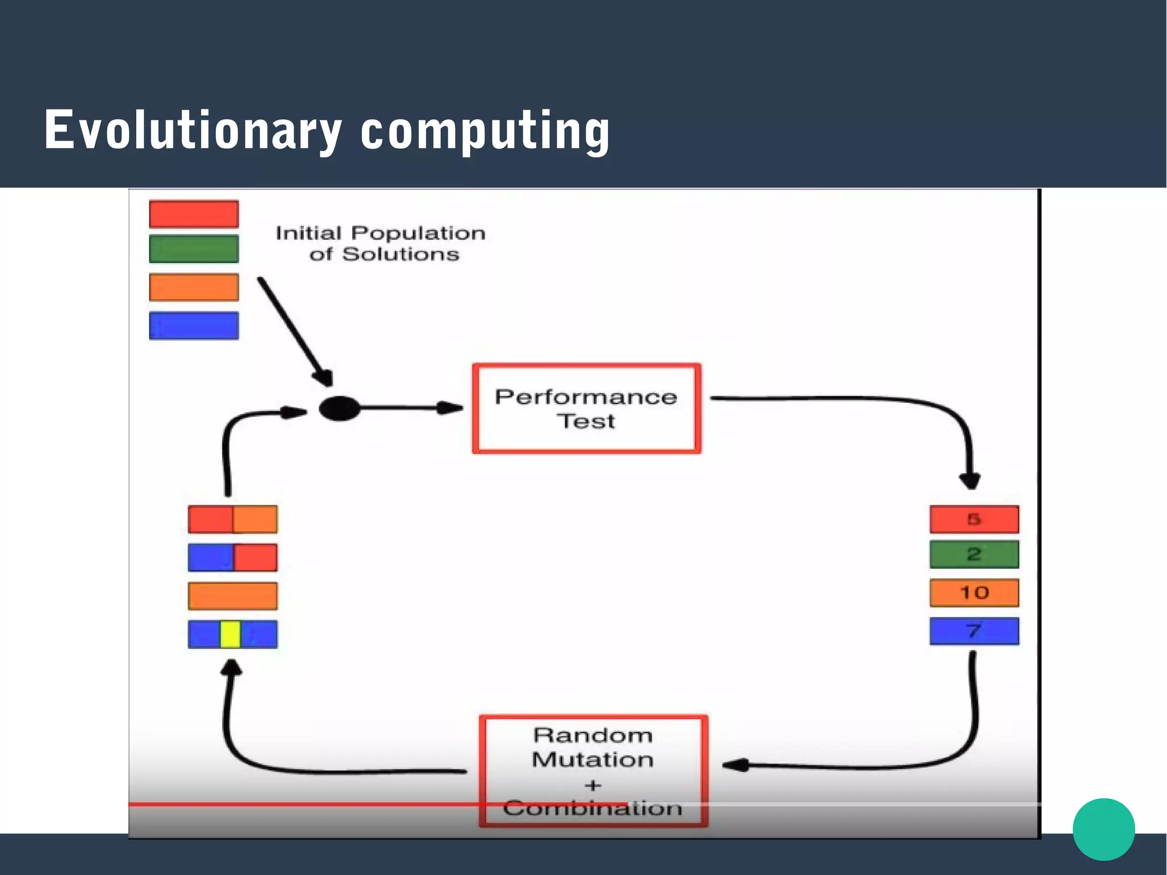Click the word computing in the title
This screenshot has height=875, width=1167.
click(x=485, y=131)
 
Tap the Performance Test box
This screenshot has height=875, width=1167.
click(x=586, y=408)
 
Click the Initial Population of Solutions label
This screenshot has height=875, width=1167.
click(x=381, y=243)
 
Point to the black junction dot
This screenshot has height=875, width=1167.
click(x=340, y=408)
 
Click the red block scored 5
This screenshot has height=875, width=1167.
click(x=974, y=519)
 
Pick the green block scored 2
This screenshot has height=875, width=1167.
click(x=974, y=554)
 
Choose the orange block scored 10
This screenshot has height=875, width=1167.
click(x=974, y=593)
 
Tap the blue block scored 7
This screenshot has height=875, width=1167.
click(x=974, y=631)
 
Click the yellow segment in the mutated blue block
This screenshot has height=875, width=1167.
click(x=230, y=634)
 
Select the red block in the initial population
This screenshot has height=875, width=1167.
click(x=194, y=214)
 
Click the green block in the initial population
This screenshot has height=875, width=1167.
click(x=194, y=249)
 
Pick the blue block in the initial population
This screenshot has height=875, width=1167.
click(x=194, y=325)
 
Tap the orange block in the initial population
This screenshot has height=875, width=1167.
click(x=194, y=287)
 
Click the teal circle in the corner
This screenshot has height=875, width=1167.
click(x=1103, y=829)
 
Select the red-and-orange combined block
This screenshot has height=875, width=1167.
click(x=232, y=519)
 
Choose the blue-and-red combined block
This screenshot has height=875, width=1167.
click(x=232, y=557)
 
